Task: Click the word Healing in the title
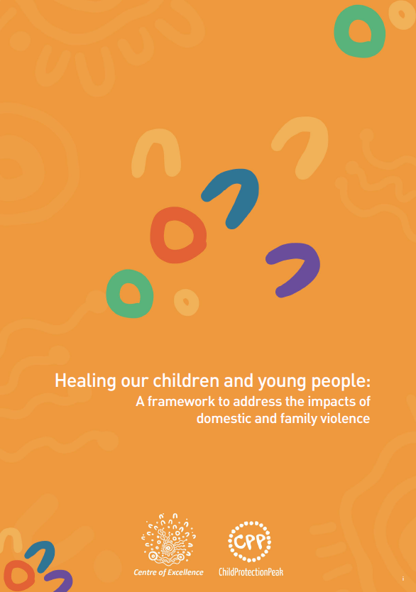(x=85, y=380)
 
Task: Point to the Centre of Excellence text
(x=168, y=572)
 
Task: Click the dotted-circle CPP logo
(x=249, y=542)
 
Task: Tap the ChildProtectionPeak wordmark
(x=251, y=572)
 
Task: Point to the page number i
(x=403, y=579)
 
